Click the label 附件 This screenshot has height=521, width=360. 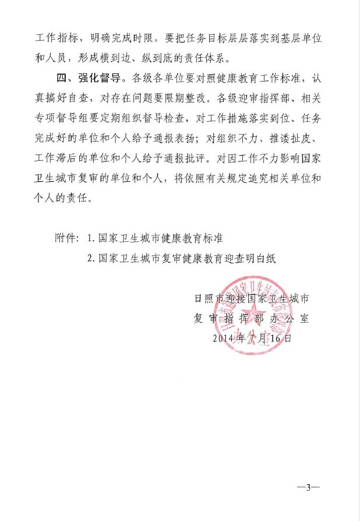click(x=65, y=239)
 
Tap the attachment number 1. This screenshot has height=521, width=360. click(x=90, y=239)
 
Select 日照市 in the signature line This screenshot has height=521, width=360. click(x=208, y=298)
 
